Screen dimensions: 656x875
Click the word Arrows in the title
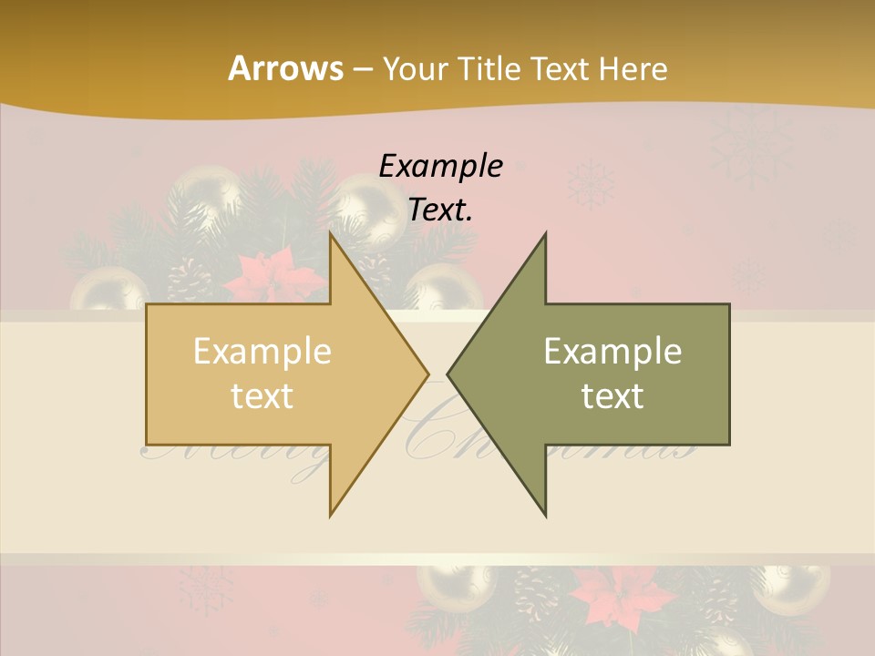point(284,68)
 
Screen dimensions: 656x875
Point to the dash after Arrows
point(362,69)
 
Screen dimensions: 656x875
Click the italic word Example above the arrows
point(440,167)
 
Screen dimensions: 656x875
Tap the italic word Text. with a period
point(440,210)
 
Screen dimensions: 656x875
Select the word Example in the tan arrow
point(262,351)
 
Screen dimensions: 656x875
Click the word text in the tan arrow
point(262,396)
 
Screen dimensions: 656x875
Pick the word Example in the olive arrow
point(612,351)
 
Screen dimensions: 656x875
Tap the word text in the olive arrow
point(612,396)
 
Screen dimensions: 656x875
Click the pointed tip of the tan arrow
point(427,374)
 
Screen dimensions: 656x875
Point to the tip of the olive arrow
point(448,374)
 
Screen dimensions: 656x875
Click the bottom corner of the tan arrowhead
point(330,516)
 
